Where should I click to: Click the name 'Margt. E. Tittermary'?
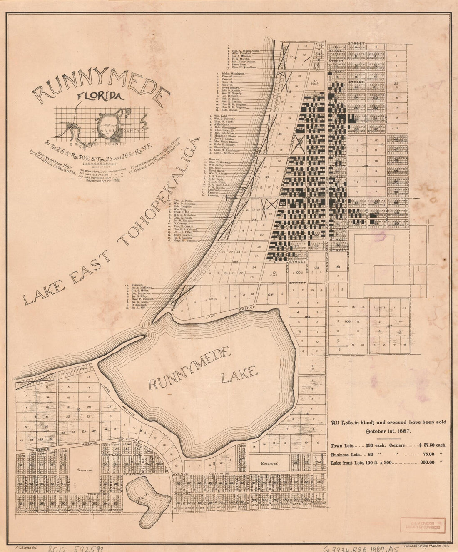(186, 241)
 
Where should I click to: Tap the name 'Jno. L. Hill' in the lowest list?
(139, 308)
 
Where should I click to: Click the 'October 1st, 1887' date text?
(388, 430)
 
